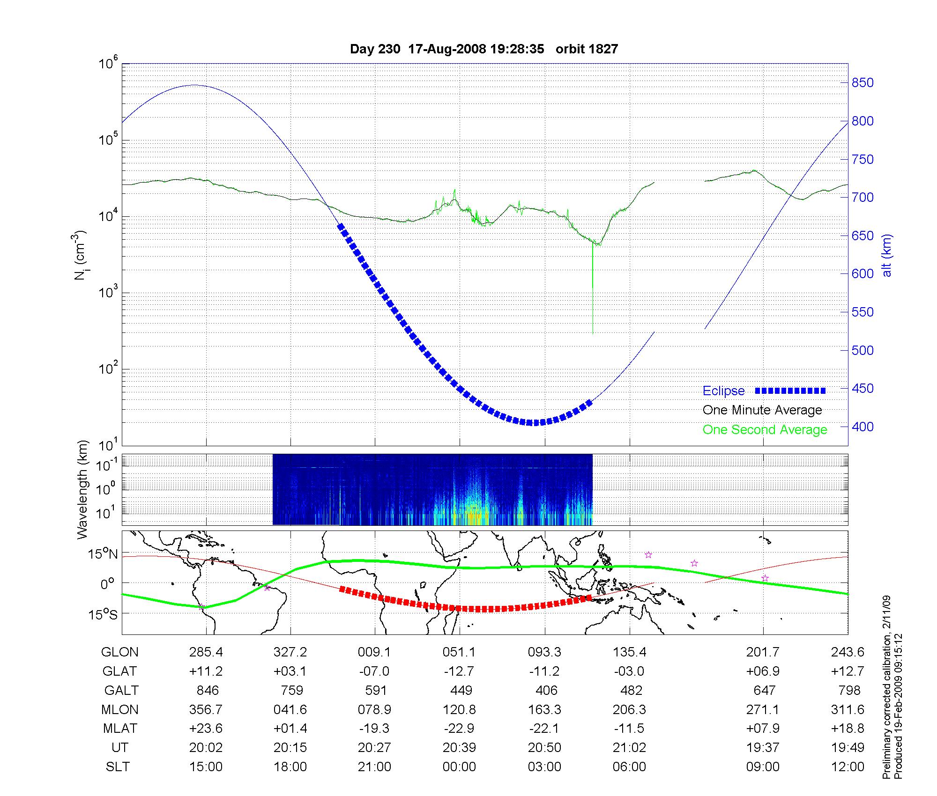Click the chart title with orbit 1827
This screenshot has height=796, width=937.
click(x=483, y=49)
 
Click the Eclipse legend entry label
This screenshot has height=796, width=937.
click(x=723, y=391)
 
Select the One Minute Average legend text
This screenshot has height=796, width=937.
click(x=762, y=410)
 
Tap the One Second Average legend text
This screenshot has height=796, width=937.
click(x=765, y=430)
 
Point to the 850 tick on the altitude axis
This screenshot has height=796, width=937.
click(x=863, y=83)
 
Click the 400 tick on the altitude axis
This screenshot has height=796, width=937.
click(x=863, y=427)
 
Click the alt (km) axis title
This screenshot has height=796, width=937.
click(x=887, y=255)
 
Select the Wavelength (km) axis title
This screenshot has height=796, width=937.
click(x=82, y=489)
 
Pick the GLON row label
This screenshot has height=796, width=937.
click(x=119, y=652)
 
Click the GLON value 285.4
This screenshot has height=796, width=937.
click(x=206, y=652)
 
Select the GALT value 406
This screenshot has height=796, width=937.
click(x=546, y=691)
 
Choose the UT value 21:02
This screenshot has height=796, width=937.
click(x=629, y=748)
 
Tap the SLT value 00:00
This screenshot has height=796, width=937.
click(x=459, y=767)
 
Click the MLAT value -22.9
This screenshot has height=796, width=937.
click(x=459, y=729)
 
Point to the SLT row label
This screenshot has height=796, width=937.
click(x=118, y=767)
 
